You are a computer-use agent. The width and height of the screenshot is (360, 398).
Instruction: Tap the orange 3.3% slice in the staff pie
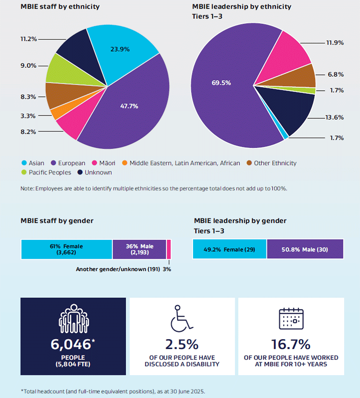[56, 113]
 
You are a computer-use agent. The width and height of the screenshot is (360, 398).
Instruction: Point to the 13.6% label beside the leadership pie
[334, 117]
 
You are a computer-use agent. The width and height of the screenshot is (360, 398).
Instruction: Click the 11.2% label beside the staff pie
[29, 39]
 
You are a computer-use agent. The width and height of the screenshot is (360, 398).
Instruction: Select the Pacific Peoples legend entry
[45, 172]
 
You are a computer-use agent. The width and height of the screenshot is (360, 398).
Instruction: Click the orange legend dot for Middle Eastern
[125, 163]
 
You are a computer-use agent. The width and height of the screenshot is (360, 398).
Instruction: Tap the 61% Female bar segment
[66, 249]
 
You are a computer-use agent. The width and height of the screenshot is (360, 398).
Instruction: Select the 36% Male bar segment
[139, 249]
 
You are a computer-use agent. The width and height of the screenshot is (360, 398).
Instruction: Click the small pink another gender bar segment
[169, 249]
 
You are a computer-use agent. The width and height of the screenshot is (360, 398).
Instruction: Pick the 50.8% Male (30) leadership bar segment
[305, 249]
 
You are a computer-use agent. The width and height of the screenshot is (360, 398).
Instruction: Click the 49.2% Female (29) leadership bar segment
[230, 249]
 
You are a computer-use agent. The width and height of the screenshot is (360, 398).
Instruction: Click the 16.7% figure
[291, 344]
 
